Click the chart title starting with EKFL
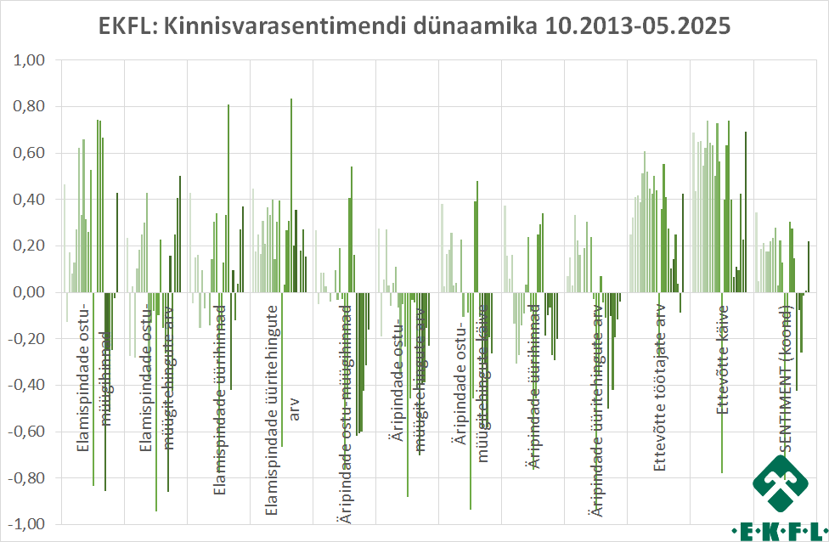(414, 25)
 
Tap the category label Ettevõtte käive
(723, 359)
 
